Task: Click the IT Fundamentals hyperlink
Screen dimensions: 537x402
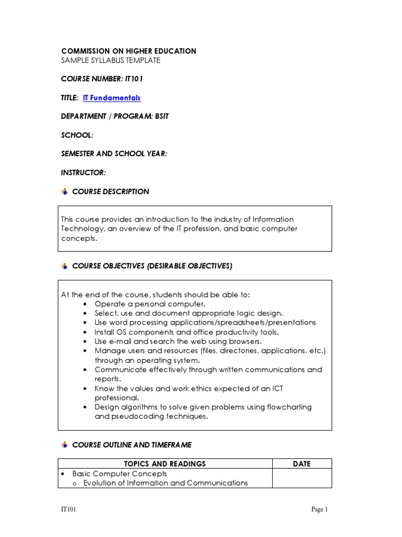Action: click(x=111, y=98)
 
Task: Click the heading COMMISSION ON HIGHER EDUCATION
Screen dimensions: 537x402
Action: click(x=129, y=51)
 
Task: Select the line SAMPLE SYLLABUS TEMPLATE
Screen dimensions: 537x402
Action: click(x=111, y=60)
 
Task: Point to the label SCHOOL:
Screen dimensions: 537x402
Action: click(x=77, y=135)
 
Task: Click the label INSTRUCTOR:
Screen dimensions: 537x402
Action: click(x=84, y=173)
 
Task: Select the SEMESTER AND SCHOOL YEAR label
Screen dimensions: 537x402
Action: click(x=114, y=154)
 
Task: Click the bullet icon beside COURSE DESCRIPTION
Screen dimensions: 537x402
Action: click(x=65, y=192)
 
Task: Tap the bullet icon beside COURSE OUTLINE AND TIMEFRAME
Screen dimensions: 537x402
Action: click(x=65, y=445)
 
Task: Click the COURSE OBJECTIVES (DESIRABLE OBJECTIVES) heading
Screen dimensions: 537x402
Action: click(x=152, y=266)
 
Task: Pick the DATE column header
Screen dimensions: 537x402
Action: click(x=302, y=464)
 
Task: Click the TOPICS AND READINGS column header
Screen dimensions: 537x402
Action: click(x=164, y=464)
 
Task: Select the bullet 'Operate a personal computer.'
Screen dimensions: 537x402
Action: click(x=150, y=304)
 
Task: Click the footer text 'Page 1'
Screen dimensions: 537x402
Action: click(x=319, y=509)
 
